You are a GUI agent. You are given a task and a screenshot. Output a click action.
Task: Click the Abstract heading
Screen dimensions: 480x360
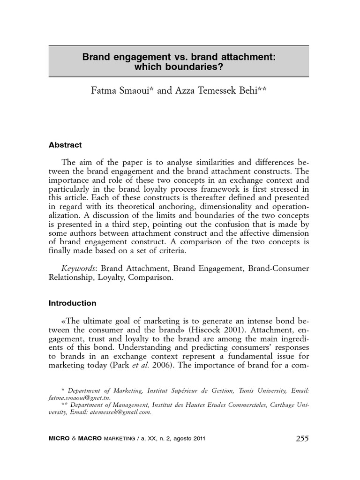pyautogui.click(x=65, y=145)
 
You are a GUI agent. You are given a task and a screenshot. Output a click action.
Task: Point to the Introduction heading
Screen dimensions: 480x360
pyautogui.click(x=72, y=303)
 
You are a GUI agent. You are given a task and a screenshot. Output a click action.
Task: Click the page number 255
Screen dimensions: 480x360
pyautogui.click(x=302, y=439)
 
